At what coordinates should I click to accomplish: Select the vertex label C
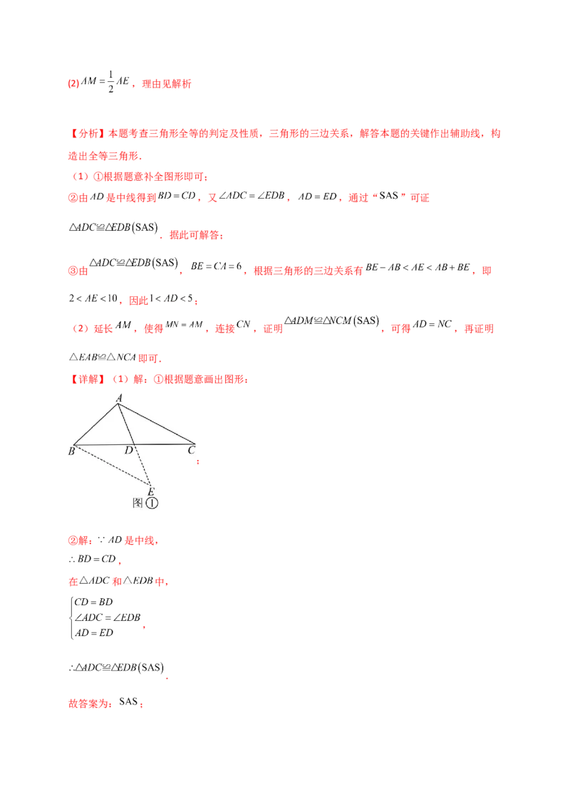[x=191, y=451]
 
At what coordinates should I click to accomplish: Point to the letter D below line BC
[x=129, y=451]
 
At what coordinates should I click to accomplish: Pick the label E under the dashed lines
[x=150, y=491]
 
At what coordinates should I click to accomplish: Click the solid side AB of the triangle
[x=96, y=424]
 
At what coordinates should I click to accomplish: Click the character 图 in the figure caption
[x=138, y=502]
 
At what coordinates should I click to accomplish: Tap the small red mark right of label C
[x=197, y=462]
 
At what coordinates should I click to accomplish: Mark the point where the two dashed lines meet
[x=150, y=484]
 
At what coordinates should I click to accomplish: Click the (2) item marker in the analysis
[x=81, y=330]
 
